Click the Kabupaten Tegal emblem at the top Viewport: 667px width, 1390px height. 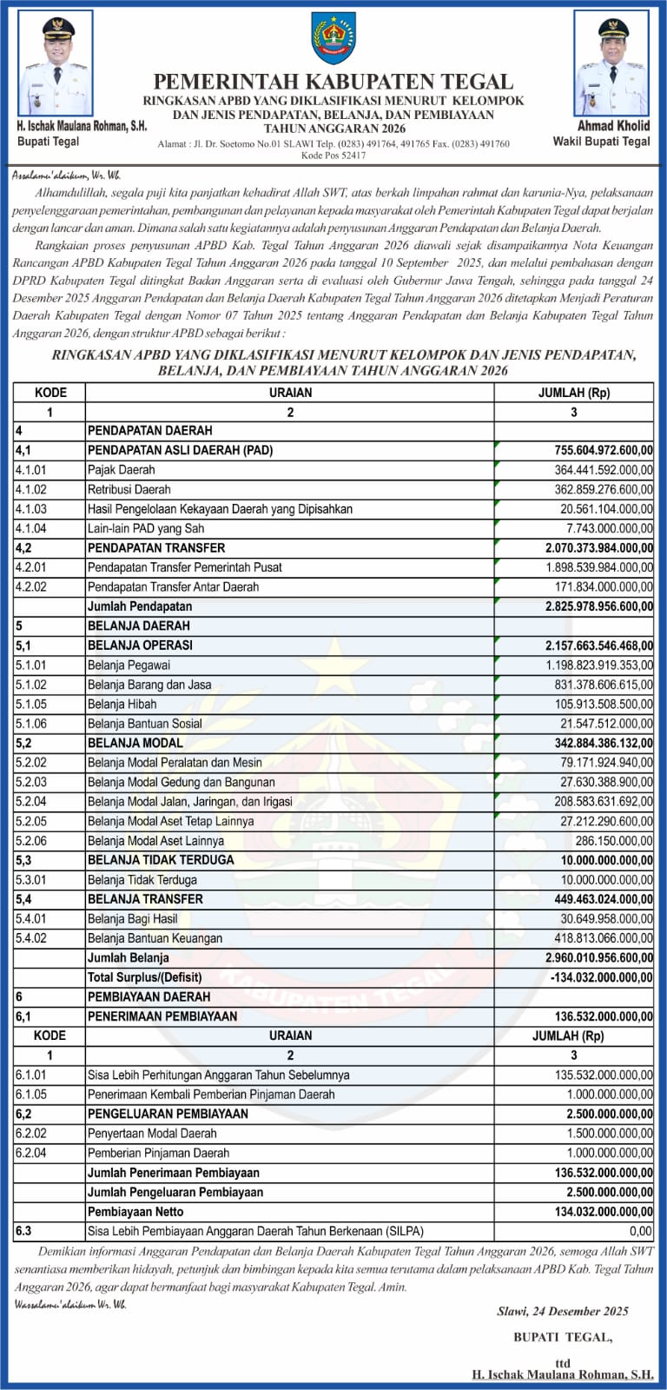click(333, 38)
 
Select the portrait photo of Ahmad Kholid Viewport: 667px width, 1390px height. click(611, 64)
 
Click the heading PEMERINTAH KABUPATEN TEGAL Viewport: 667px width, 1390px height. click(333, 82)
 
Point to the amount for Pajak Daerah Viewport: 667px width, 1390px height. click(603, 470)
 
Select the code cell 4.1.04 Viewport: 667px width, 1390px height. click(31, 528)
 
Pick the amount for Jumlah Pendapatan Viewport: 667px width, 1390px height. click(598, 606)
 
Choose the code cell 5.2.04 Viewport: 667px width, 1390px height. click(31, 802)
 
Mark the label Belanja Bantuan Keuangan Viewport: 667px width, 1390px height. click(155, 938)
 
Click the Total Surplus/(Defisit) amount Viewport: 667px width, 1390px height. click(601, 977)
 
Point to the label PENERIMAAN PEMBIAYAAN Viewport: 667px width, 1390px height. click(162, 1016)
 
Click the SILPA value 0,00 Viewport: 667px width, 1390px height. click(640, 1231)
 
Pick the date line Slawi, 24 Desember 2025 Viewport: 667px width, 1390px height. click(562, 1311)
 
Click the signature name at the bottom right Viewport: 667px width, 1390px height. click(563, 1374)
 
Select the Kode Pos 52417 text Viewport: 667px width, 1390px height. click(333, 156)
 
